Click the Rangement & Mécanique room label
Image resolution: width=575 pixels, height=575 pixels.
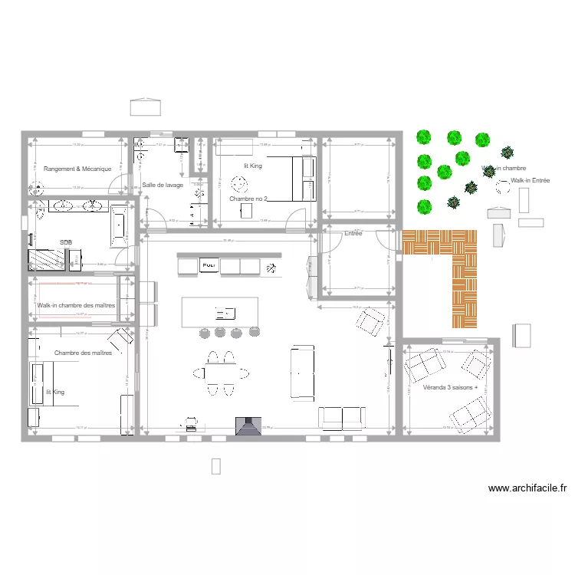point(77,169)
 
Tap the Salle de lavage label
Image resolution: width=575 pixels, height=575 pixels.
point(163,185)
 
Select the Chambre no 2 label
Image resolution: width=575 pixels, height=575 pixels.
point(248,199)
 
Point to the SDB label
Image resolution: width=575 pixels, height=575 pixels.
point(65,242)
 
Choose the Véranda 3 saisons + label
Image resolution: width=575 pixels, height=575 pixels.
point(450,388)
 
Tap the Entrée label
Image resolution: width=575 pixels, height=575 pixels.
point(353,233)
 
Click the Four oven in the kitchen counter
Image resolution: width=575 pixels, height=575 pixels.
point(208,265)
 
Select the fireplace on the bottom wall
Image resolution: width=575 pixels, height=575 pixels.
point(248,426)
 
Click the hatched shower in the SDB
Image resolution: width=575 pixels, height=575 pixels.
point(47,259)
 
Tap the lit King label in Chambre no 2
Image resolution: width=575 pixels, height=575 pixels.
point(252,166)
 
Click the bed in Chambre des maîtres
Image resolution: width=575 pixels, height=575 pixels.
point(38,384)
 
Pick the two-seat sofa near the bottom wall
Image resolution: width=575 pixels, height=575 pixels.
point(342,417)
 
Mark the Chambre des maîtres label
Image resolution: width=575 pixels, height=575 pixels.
point(84,353)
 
